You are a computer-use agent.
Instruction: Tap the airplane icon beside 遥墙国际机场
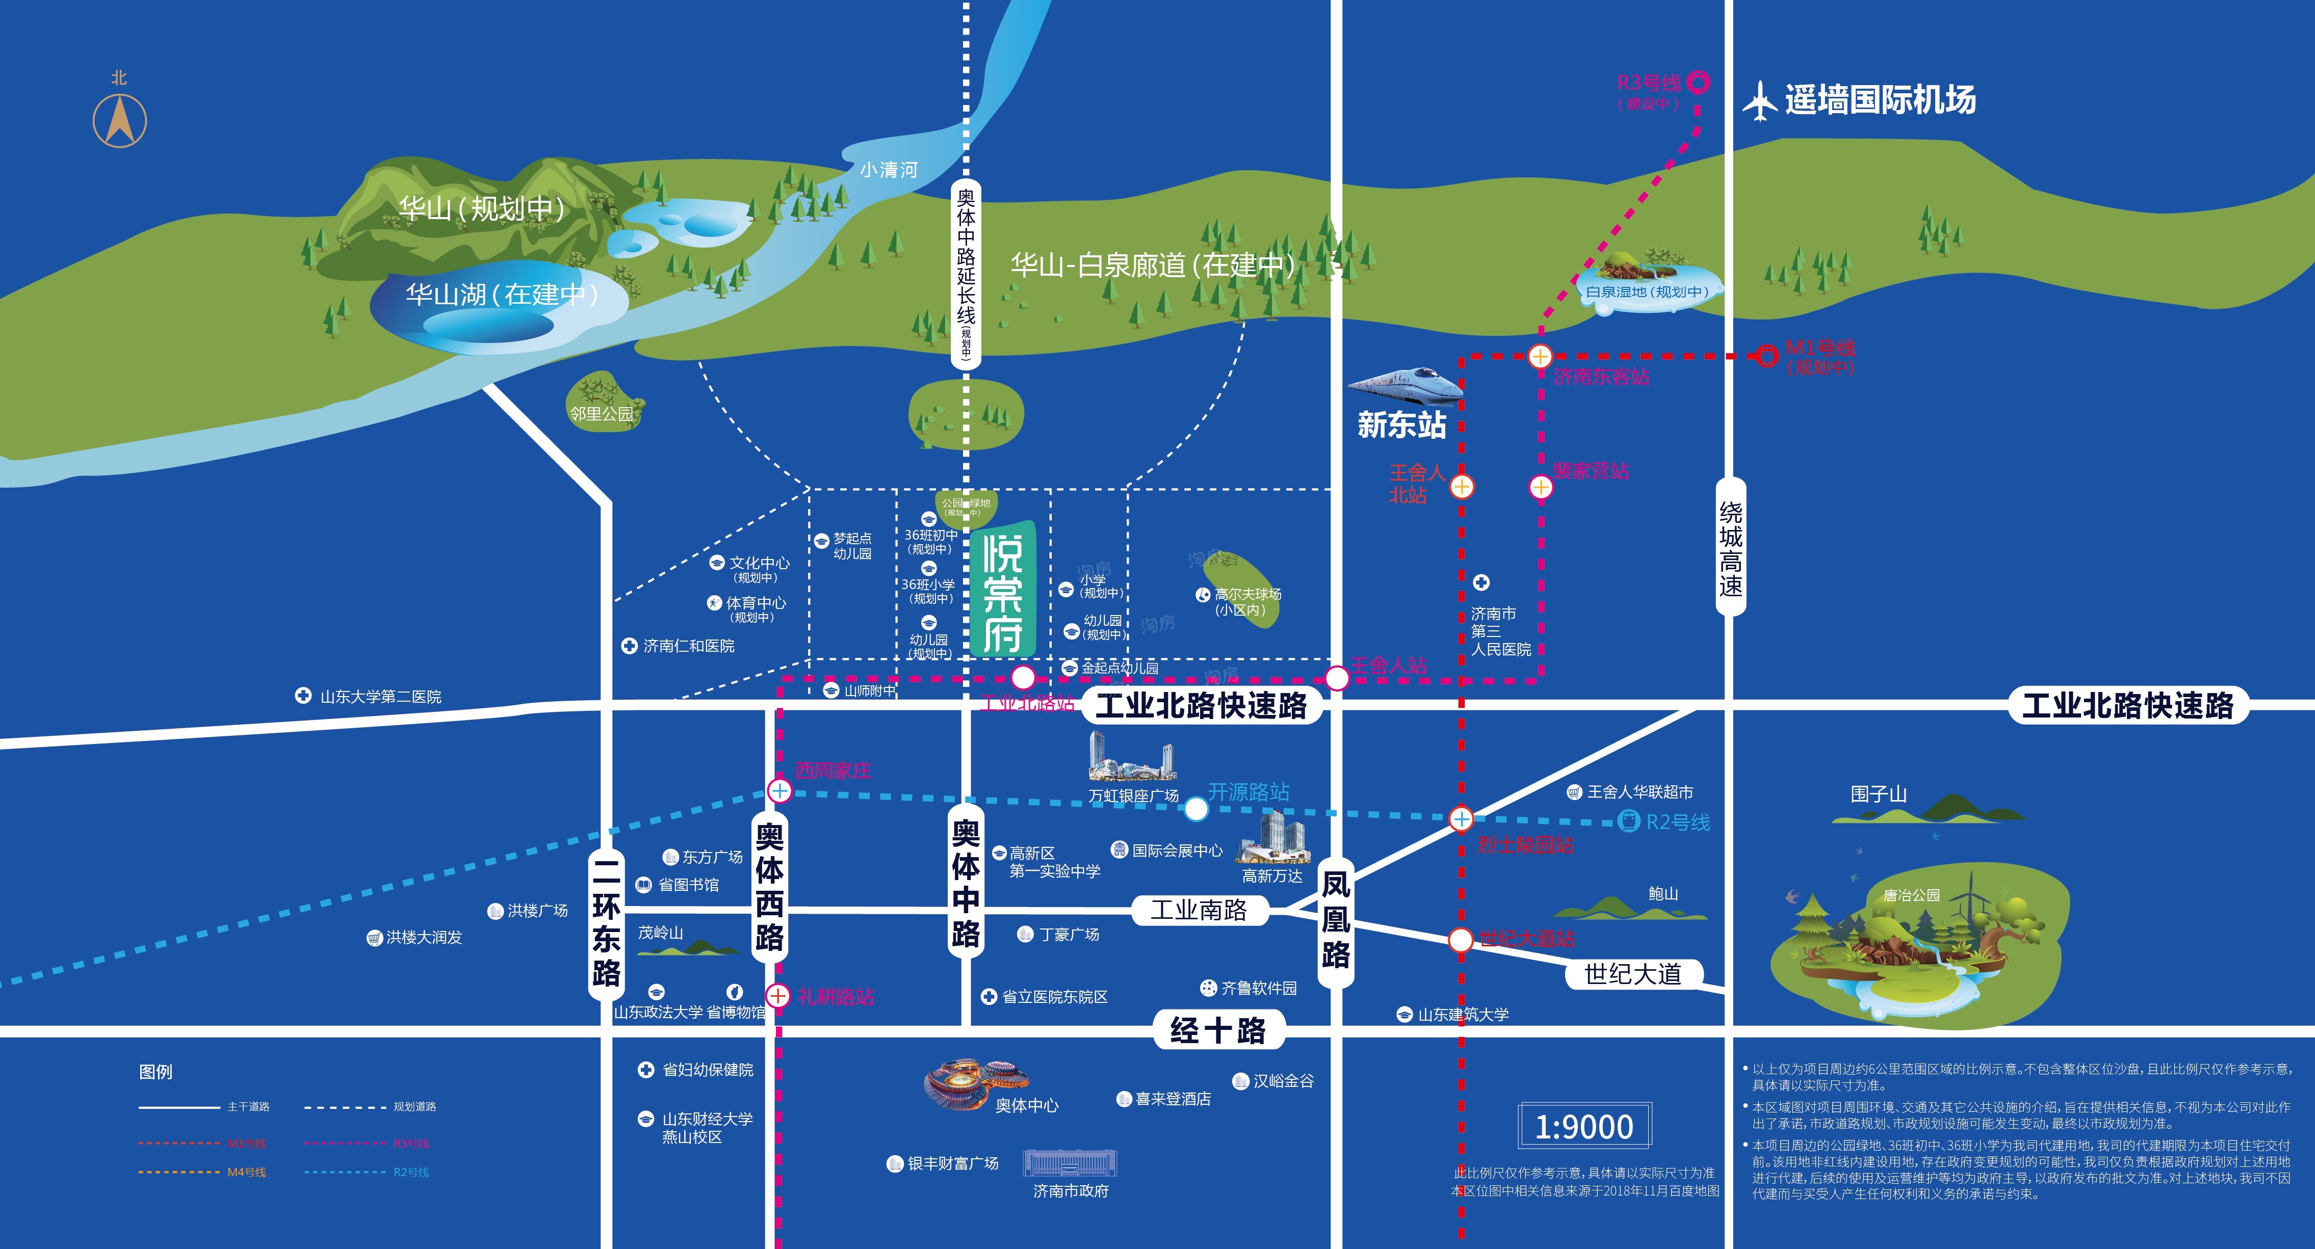click(1760, 100)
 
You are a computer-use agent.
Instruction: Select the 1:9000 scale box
click(1584, 1126)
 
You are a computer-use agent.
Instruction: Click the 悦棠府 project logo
click(1003, 591)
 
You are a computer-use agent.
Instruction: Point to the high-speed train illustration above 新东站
click(1404, 384)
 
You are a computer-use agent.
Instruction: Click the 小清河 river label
click(888, 170)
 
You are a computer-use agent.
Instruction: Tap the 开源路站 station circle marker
click(1195, 809)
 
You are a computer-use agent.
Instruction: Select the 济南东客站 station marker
click(1540, 356)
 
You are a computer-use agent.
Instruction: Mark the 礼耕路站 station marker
click(777, 996)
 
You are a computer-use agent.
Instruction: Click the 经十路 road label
click(1218, 1030)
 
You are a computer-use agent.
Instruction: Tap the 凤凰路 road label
click(1336, 920)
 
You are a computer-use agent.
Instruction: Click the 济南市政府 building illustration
click(1070, 1164)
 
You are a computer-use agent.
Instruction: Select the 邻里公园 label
click(601, 414)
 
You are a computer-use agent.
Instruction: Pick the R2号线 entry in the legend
click(411, 1172)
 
